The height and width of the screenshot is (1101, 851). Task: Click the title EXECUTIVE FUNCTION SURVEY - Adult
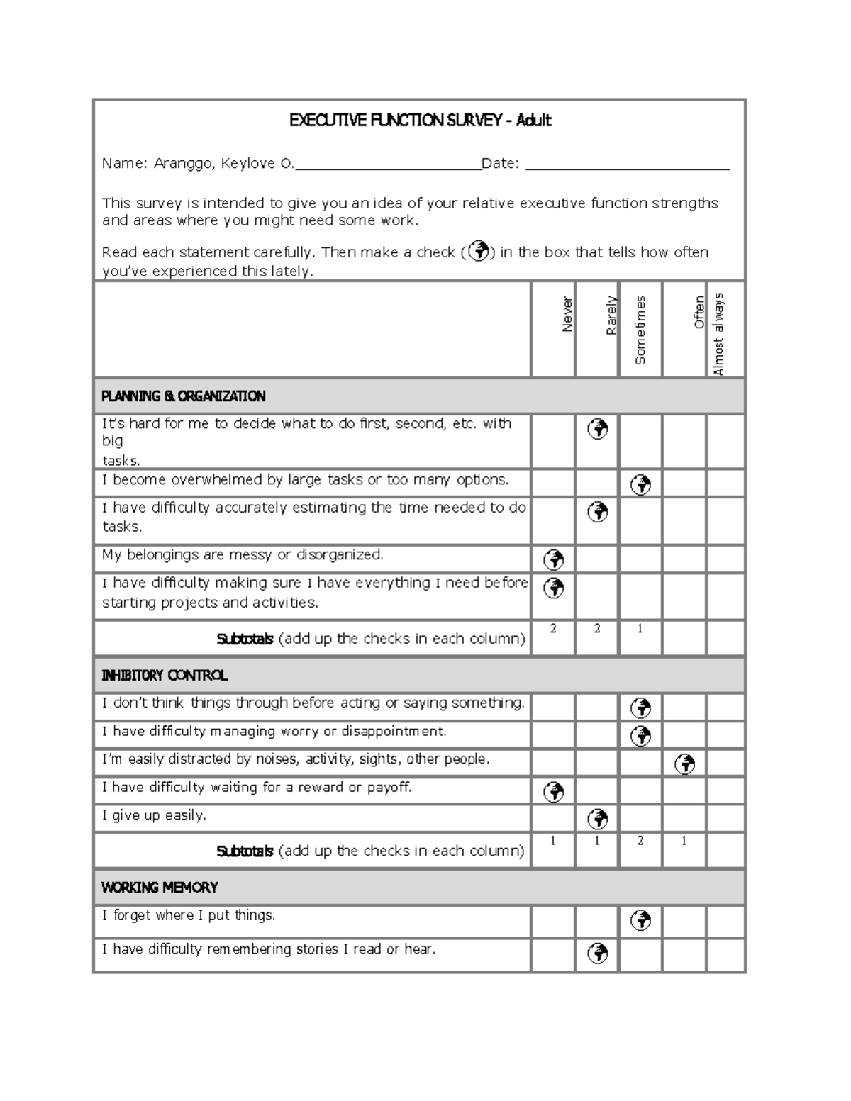pos(420,121)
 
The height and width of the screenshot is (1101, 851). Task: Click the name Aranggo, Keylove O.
pos(223,164)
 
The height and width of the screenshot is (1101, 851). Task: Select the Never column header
pos(567,315)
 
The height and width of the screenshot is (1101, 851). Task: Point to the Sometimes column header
pos(640,330)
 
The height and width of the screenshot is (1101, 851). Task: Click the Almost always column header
pos(718,333)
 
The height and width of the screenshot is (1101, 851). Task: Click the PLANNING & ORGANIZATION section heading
pos(183,396)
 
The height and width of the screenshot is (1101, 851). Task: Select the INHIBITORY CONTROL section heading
pos(165,676)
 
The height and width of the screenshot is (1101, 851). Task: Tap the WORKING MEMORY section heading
pos(160,888)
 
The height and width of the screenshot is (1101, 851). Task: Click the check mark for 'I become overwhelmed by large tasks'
pos(641,484)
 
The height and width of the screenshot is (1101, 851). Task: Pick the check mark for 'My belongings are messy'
pos(554,560)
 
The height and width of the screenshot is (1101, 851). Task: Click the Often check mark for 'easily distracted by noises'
pos(685,764)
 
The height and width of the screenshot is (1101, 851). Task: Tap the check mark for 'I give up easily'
pos(598,819)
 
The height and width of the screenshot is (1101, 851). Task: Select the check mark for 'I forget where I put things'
pos(641,920)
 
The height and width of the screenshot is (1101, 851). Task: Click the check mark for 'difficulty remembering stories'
pos(598,954)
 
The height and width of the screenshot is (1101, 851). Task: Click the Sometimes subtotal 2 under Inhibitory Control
pos(640,841)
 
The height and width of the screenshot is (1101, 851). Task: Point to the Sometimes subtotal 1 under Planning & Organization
pos(640,628)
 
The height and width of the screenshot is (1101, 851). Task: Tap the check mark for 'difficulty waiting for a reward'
pos(554,791)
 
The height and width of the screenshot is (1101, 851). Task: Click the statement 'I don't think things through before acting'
pos(313,703)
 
